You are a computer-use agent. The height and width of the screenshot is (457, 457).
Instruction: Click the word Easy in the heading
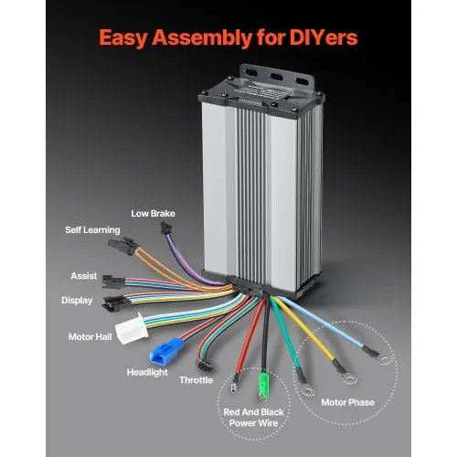click(x=128, y=39)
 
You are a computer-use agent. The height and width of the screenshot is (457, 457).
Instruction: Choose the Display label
click(x=77, y=300)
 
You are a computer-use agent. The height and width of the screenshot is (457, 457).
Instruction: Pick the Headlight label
click(x=145, y=372)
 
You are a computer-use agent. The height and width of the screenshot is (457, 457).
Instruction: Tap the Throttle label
click(x=197, y=378)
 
